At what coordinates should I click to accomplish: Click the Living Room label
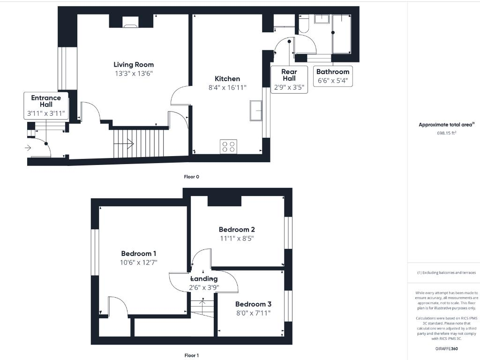click(134, 65)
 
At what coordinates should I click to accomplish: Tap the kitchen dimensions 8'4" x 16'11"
click(227, 87)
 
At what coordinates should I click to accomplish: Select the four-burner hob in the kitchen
click(228, 146)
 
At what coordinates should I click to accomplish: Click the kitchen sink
click(256, 111)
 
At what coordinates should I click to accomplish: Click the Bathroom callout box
click(333, 76)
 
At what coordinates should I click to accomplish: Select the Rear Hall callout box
click(289, 79)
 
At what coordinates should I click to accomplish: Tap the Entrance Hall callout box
click(46, 105)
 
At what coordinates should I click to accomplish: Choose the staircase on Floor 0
click(139, 143)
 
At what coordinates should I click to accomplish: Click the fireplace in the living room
click(131, 21)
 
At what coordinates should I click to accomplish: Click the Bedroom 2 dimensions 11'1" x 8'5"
click(237, 238)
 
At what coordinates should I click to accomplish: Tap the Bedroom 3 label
click(253, 304)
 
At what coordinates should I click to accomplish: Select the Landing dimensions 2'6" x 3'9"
click(204, 287)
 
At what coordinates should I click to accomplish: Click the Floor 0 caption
click(191, 177)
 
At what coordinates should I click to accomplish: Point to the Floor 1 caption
click(191, 355)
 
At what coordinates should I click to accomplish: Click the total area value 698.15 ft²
click(446, 133)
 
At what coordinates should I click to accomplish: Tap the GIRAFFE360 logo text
click(446, 349)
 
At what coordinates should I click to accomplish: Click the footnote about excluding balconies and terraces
click(446, 272)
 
